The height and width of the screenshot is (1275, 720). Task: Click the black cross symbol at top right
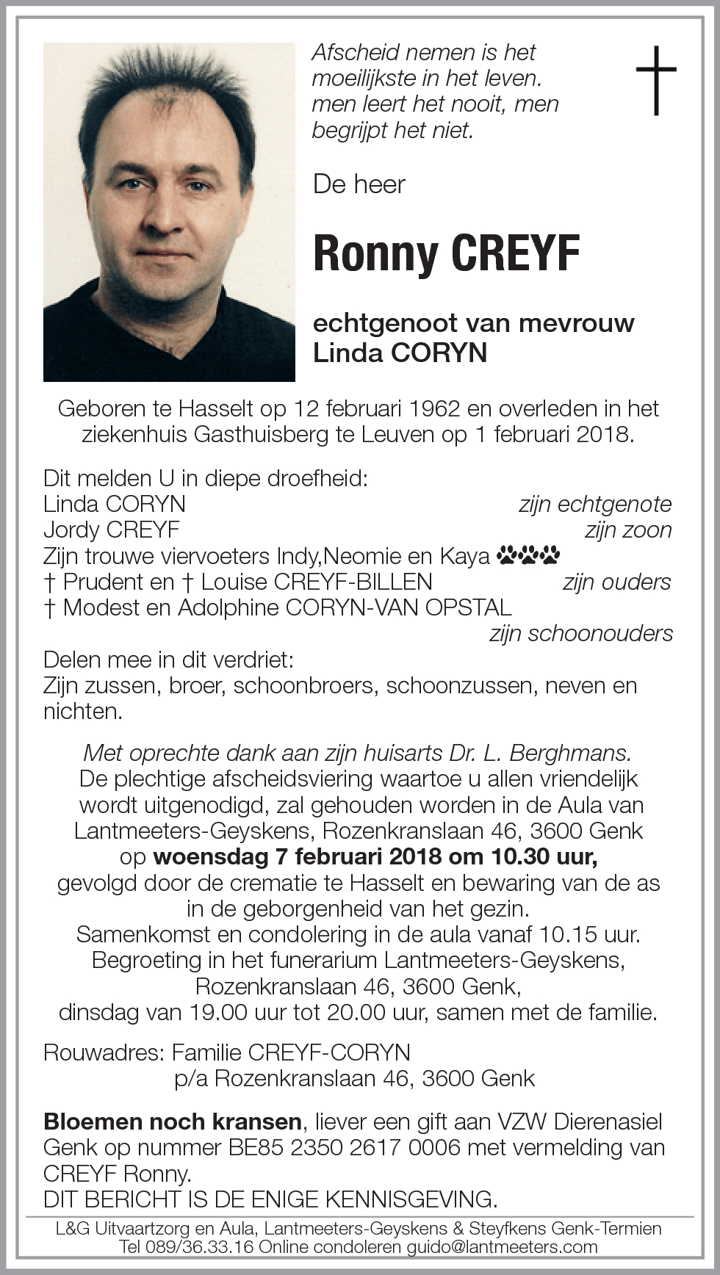[x=655, y=80]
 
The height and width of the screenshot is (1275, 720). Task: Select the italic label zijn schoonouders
[x=580, y=633]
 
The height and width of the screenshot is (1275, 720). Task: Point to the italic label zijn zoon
[x=628, y=530]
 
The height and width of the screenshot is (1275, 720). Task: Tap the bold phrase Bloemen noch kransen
[x=173, y=1122]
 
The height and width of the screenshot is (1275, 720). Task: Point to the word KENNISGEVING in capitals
[x=411, y=1199]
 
